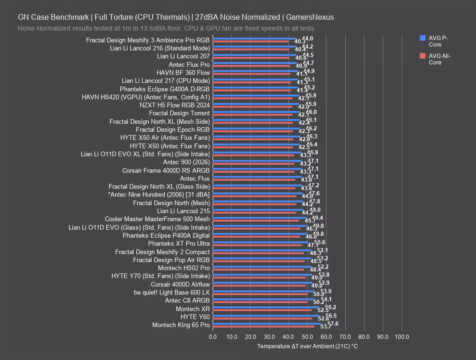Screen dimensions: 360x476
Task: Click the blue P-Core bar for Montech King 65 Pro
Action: [267, 324]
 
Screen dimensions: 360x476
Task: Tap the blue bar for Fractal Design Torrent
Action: [256, 112]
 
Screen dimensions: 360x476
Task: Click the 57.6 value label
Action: [333, 324]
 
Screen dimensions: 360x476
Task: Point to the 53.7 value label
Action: [321, 327]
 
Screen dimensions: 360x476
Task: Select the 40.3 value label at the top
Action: [300, 42]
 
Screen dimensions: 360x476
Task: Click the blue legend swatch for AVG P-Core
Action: [422, 38]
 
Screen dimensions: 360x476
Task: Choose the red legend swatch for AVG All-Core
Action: [422, 56]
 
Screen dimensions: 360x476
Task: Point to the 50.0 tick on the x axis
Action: [307, 337]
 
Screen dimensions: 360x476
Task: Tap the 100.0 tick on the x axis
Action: [402, 337]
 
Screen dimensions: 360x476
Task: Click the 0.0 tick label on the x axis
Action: [213, 337]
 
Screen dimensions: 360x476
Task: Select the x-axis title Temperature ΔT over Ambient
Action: [307, 346]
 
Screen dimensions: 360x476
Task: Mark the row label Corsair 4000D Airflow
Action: [180, 284]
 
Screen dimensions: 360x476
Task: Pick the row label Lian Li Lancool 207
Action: [183, 56]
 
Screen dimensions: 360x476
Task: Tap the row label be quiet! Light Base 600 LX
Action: [172, 292]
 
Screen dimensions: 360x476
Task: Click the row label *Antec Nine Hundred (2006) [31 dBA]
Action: [159, 195]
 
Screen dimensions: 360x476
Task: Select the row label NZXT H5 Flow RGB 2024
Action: [175, 105]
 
